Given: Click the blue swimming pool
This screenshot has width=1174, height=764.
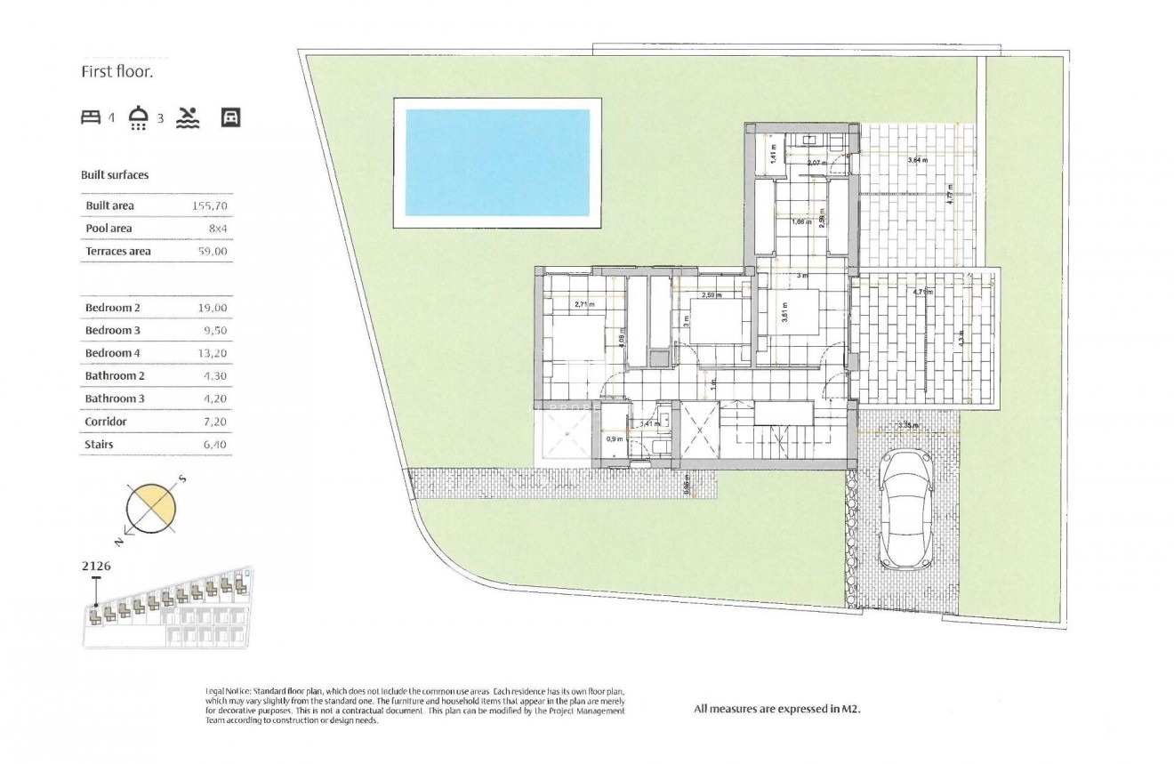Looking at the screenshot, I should (497, 162).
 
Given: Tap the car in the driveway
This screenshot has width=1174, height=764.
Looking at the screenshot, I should (905, 510).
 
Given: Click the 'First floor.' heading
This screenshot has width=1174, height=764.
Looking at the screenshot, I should (117, 72).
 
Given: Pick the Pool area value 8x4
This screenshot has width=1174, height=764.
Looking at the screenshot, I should (220, 229).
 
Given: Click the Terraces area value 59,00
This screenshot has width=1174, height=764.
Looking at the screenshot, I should (213, 252).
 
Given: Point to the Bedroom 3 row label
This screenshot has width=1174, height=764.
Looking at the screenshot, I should (113, 331).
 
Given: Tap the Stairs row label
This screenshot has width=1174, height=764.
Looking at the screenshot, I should (100, 445).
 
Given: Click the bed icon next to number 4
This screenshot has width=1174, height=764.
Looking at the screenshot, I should (91, 117).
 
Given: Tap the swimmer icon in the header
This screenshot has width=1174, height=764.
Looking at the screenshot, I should (189, 117).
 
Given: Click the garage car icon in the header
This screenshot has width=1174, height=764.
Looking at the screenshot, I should (230, 117).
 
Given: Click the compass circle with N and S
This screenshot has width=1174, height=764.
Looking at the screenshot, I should (151, 509).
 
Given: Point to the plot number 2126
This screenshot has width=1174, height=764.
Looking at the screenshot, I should (96, 565).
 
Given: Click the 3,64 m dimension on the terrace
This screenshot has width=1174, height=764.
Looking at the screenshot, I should (917, 160).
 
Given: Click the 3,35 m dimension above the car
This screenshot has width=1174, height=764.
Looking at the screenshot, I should (908, 425).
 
